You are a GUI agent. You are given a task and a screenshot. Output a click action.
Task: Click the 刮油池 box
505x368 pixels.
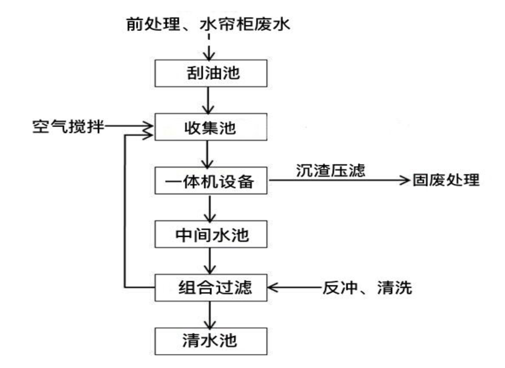click(211, 73)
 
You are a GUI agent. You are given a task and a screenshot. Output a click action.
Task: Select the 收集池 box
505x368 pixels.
click(211, 127)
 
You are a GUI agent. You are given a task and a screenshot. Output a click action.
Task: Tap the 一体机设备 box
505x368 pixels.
click(211, 180)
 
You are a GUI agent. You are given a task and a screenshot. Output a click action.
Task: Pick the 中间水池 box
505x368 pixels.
click(211, 234)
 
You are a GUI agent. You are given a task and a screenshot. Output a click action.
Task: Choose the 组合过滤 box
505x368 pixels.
click(211, 288)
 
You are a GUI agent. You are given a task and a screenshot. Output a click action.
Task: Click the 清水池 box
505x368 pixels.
click(211, 341)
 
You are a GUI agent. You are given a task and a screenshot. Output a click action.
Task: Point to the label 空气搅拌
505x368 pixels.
click(68, 126)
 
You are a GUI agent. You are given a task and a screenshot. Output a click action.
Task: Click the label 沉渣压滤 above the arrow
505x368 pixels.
click(330, 170)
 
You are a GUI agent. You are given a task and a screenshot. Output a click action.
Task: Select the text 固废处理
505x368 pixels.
click(446, 180)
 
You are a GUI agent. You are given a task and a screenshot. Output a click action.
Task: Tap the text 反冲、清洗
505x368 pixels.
click(367, 288)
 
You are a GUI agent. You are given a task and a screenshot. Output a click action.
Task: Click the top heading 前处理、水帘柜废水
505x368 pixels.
click(208, 24)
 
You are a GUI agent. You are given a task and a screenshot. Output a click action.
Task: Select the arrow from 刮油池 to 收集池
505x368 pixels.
click(208, 100)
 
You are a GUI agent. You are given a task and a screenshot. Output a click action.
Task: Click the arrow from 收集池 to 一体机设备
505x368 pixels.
click(207, 154)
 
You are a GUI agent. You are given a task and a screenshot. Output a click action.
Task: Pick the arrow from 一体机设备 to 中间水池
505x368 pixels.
click(210, 208)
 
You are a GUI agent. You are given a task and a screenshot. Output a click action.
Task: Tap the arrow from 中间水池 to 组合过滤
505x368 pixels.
click(210, 261)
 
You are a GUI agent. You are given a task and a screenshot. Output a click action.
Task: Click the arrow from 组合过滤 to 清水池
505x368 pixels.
click(210, 314)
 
